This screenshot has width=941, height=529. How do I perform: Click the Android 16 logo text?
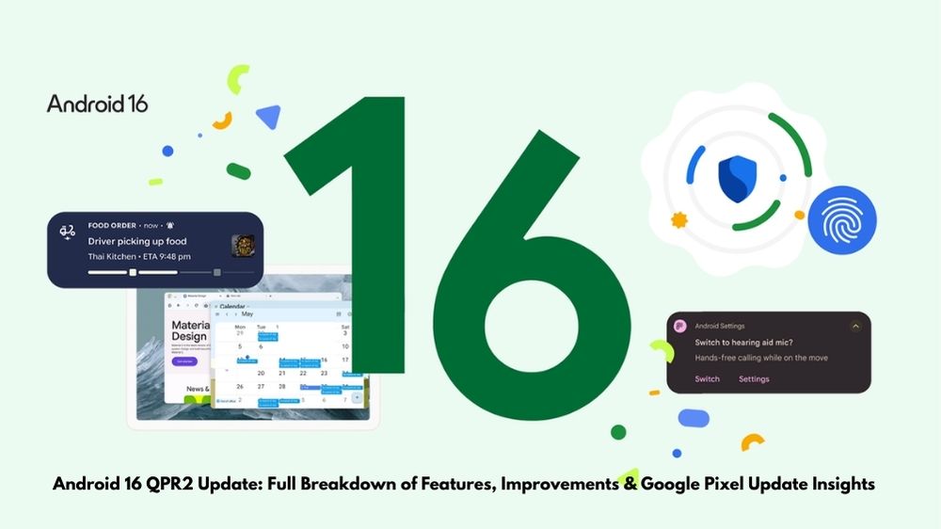click(97, 104)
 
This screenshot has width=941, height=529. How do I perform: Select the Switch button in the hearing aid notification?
click(707, 379)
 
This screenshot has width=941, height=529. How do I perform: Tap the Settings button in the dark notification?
click(754, 379)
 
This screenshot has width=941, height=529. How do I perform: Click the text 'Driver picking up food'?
click(136, 241)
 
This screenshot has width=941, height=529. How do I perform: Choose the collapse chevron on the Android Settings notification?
click(855, 326)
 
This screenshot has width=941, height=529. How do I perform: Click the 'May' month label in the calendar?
click(247, 314)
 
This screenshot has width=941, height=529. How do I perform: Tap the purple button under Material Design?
click(183, 361)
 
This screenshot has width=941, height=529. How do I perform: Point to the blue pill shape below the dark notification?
click(694, 418)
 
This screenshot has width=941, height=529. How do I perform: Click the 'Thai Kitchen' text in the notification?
click(113, 256)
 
